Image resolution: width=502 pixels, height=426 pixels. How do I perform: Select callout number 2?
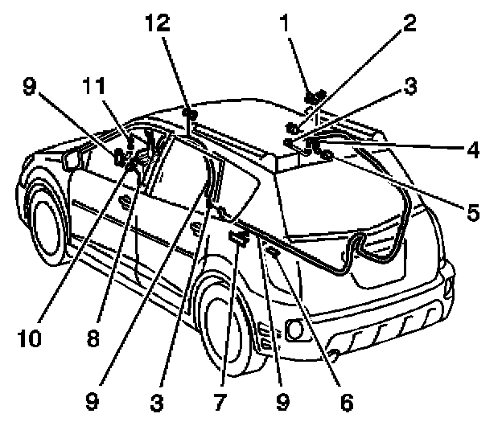point(409,23)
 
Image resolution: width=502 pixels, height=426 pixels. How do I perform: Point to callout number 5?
point(472,212)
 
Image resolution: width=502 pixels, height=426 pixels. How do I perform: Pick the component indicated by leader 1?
point(314,98)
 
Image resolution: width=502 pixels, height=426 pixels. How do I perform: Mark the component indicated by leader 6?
point(274,254)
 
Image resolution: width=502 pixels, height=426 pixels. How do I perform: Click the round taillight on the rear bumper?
point(294,329)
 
